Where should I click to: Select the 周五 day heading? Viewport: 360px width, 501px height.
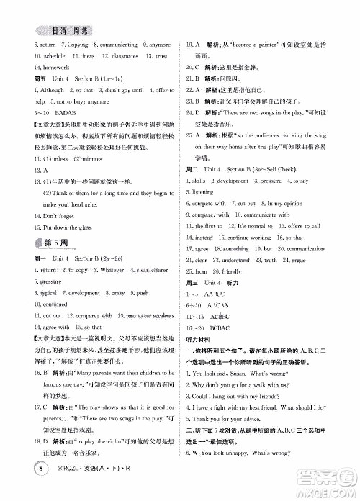pos(22,99)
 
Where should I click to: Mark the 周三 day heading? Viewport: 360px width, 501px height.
pos(194,302)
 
